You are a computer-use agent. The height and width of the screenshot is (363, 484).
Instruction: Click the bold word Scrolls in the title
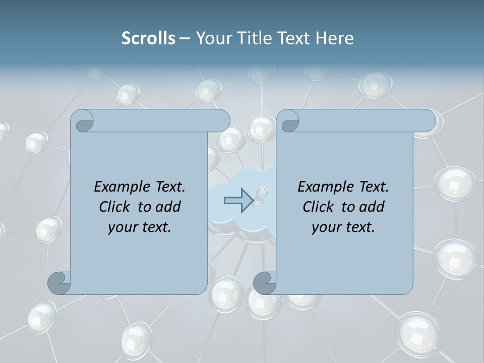click(x=148, y=38)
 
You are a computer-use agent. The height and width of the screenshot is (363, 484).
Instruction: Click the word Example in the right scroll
click(x=324, y=187)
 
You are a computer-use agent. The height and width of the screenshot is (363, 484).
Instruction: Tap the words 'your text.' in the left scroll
click(x=140, y=227)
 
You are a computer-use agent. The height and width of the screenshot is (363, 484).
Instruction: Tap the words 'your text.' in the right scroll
click(x=343, y=227)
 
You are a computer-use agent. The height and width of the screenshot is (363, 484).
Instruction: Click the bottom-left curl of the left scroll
click(x=59, y=283)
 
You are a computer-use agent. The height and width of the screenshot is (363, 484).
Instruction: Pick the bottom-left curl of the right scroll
click(x=265, y=283)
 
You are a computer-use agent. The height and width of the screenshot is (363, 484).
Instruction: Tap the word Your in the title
click(x=211, y=38)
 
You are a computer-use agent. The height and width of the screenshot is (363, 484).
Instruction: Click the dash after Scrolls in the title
click(x=185, y=38)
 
